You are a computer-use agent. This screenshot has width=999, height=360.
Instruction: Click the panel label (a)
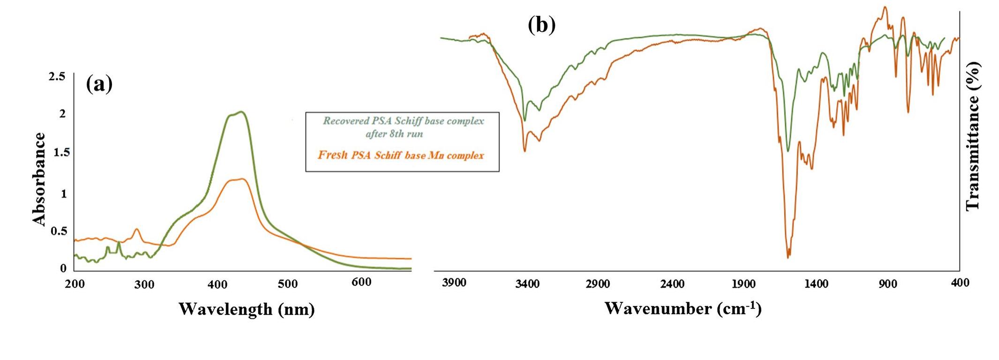pos(99,85)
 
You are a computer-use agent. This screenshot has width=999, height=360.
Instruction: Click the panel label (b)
pos(542,25)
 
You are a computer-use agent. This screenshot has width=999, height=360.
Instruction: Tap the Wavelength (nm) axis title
pos(246,309)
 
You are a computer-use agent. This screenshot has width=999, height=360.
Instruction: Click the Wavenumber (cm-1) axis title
pos(683,308)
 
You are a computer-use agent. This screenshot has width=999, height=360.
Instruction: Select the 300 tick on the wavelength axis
pos(144,285)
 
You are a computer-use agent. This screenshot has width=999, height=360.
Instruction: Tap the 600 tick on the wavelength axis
pos(361,282)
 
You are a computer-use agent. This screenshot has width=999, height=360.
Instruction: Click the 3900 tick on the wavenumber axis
pos(454,283)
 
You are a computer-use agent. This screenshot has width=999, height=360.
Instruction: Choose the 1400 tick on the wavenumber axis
pos(817,284)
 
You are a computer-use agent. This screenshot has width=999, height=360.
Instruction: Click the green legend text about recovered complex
pos(403,127)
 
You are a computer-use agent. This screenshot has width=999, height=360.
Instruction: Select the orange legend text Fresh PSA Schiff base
pos(401,155)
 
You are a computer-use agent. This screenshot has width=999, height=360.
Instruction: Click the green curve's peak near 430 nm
pos(241,112)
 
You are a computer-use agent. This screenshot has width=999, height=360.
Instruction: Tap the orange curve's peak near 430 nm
pos(241,179)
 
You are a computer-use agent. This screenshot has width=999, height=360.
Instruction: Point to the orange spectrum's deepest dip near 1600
pos(788,257)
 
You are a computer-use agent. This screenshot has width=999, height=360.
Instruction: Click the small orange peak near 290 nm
pos(137,229)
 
